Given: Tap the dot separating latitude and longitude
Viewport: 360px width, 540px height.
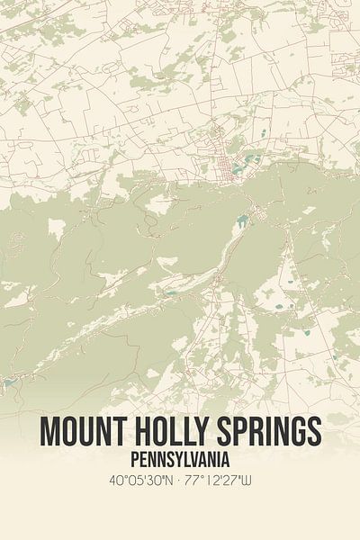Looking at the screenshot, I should [x=176, y=481].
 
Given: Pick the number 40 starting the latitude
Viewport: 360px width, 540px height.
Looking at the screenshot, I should [x=114, y=481].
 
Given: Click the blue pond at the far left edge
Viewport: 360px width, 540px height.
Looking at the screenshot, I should [x=7, y=382].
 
